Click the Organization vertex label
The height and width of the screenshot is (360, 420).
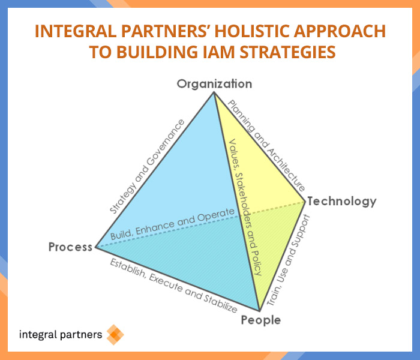pos(214,84)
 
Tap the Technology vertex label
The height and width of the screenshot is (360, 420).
pos(342,201)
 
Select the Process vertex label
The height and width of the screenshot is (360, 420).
pos(70,247)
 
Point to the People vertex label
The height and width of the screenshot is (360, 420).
pos(261,320)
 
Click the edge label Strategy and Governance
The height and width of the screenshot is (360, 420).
pos(148,166)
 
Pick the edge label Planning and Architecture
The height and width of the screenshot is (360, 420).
pos(266,146)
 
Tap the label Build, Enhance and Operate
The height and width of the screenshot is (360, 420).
pos(173,224)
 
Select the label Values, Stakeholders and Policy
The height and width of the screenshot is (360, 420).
pos(245,207)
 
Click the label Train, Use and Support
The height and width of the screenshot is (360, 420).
pos(289,260)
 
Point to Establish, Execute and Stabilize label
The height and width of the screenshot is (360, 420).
pos(173,286)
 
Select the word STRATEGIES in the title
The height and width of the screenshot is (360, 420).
pos(287,52)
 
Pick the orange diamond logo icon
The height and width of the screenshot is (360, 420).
pos(115,335)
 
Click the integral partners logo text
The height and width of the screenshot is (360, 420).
pos(61,335)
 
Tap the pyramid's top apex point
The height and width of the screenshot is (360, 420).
pos(214,92)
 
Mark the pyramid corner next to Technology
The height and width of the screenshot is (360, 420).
pos(305,202)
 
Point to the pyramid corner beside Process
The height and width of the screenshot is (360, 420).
pos(96,247)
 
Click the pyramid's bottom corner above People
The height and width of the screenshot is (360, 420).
pos(259,311)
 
